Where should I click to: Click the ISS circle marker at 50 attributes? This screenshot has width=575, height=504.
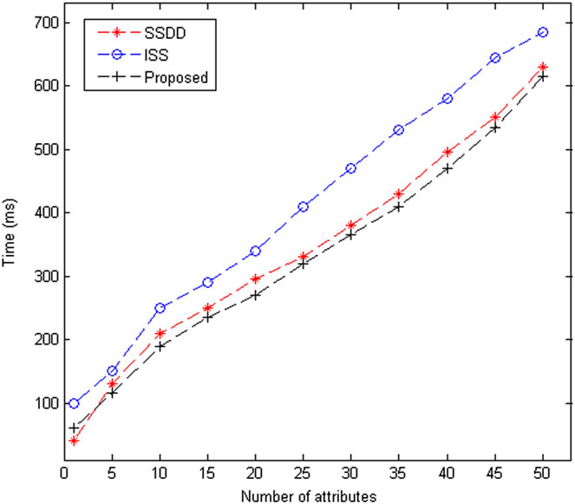(x=544, y=32)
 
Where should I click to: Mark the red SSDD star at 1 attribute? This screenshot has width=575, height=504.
(x=74, y=442)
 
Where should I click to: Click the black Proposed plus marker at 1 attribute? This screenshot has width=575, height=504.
(x=74, y=428)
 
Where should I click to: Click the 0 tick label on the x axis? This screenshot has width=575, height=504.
(x=64, y=475)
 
